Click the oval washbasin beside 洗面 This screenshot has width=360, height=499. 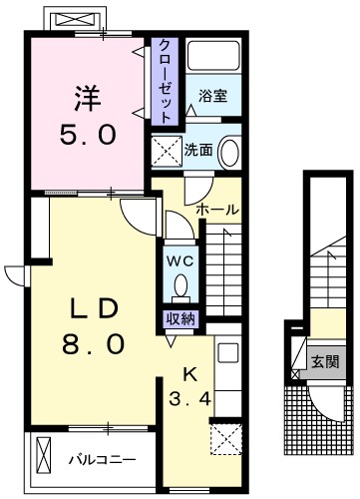pyautogui.click(x=228, y=152)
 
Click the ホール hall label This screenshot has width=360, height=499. pyautogui.click(x=216, y=211)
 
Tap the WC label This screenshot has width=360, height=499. pyautogui.click(x=180, y=259)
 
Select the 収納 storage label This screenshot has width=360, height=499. pyautogui.click(x=180, y=319)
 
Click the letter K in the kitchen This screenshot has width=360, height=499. pyautogui.click(x=189, y=375)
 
